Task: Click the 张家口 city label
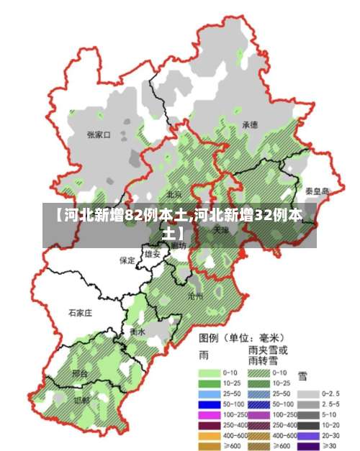pyautogui.click(x=98, y=135)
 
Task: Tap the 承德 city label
pyautogui.click(x=250, y=124)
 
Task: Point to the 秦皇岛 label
pyautogui.click(x=317, y=191)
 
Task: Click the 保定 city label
pyautogui.click(x=127, y=260)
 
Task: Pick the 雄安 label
pyautogui.click(x=153, y=254)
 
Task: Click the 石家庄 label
pyautogui.click(x=80, y=313)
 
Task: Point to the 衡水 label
pyautogui.click(x=138, y=332)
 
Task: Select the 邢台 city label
pyautogui.click(x=80, y=374)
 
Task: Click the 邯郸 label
pyautogui.click(x=81, y=400)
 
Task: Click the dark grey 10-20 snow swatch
pyautogui.click(x=308, y=425)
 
